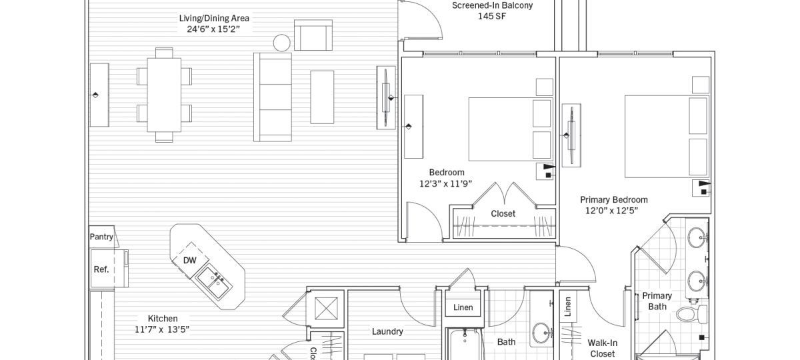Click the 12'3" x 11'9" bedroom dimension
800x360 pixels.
coord(446,183)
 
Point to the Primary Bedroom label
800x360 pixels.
coord(613,199)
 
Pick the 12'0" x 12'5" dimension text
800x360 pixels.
coord(612,211)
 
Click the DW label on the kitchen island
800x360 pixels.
coord(190,261)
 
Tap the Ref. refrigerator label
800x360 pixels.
coord(101,269)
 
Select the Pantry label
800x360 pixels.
coord(101,237)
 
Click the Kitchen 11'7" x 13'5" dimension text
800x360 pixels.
coord(163,329)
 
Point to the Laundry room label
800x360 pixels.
coord(387,331)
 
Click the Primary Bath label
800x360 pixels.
coord(657,301)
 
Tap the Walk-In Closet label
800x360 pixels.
coord(601,348)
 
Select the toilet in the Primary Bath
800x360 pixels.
coord(687,313)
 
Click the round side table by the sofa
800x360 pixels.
coord(282,43)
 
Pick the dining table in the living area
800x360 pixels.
coord(164,94)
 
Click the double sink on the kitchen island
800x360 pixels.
coord(216,283)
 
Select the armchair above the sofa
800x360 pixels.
coord(313,35)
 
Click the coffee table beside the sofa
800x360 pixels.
coord(322,97)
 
